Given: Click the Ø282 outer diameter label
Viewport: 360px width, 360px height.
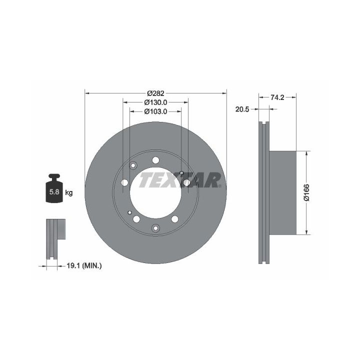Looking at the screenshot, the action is tap(155, 93).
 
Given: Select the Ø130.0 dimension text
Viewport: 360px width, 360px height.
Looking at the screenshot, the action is tap(155, 102).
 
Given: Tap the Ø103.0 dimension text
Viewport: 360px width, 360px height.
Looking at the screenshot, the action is tap(155, 111).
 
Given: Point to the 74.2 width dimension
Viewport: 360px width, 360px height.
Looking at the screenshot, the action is tap(277, 97).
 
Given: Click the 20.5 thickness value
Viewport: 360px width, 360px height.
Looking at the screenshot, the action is tap(242, 109).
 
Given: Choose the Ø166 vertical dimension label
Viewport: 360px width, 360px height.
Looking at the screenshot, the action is tap(306, 192).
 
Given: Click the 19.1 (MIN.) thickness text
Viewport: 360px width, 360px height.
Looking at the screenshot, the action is tap(84, 266).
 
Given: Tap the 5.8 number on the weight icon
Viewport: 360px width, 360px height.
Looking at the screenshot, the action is tap(54, 191).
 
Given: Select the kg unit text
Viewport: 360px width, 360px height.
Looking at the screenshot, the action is tap(69, 192).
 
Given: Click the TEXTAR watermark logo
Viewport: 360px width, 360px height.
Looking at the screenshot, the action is tap(180, 180).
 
